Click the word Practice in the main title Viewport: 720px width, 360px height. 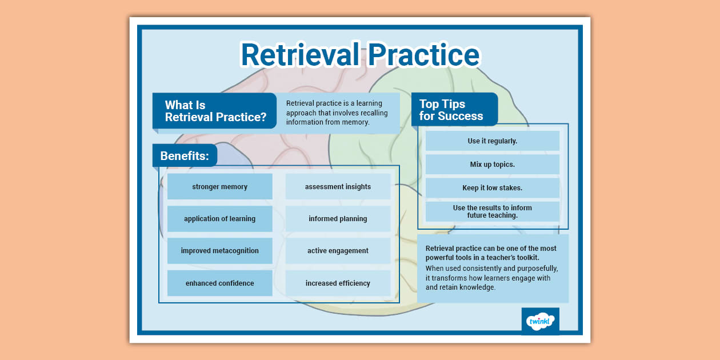click(x=423, y=55)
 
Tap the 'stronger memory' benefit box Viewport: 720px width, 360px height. click(x=219, y=187)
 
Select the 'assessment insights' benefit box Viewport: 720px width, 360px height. click(x=338, y=187)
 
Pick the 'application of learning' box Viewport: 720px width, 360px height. click(x=219, y=219)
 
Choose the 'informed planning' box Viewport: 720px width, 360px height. click(x=338, y=219)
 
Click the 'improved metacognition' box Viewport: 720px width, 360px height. click(x=219, y=251)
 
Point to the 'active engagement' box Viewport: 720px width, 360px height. click(x=338, y=251)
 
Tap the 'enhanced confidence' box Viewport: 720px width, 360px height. click(x=219, y=283)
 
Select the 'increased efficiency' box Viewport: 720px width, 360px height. click(x=338, y=283)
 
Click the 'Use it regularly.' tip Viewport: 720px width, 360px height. click(x=492, y=141)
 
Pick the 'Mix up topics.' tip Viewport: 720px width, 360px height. click(x=492, y=165)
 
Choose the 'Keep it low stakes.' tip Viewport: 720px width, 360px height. click(x=492, y=188)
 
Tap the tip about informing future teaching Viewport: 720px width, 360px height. click(x=492, y=211)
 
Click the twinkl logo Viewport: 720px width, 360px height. click(x=540, y=321)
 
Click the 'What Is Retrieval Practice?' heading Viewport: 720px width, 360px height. click(x=215, y=111)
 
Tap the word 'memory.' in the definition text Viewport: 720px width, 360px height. click(x=357, y=122)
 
